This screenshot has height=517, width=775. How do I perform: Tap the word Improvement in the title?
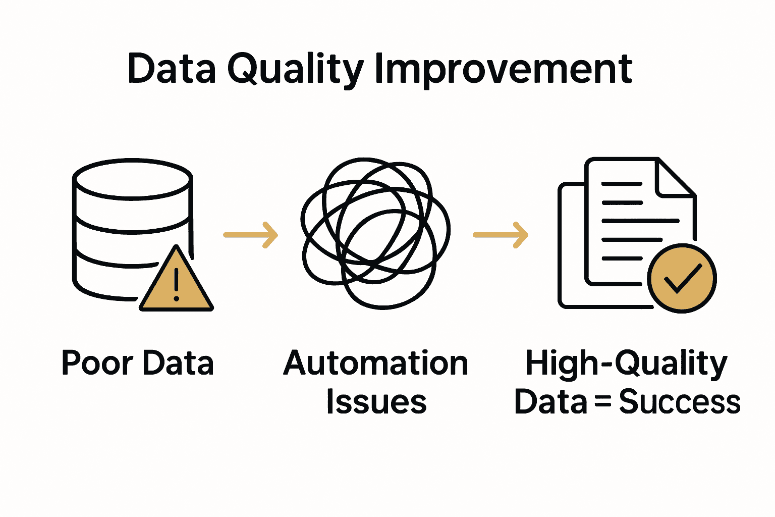pyautogui.click(x=503, y=70)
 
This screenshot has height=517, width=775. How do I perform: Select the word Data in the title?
pyautogui.click(x=172, y=69)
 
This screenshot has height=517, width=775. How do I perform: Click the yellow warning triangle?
pyautogui.click(x=176, y=283)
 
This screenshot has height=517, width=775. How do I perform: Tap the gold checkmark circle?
pyautogui.click(x=682, y=279)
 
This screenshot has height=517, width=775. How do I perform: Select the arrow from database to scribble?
pyautogui.click(x=251, y=235)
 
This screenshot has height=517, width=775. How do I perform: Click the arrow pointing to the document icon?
pyautogui.click(x=501, y=235)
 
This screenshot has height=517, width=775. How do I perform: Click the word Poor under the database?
pyautogui.click(x=97, y=363)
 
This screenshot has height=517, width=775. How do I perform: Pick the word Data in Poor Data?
pyautogui.click(x=178, y=363)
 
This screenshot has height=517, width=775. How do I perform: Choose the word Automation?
pyautogui.click(x=376, y=363)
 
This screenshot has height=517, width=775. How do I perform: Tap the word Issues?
pyautogui.click(x=376, y=402)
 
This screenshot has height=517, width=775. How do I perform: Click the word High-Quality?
pyautogui.click(x=626, y=364)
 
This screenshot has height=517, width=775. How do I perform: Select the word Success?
pyautogui.click(x=680, y=402)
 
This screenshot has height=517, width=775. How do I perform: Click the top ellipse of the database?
pyautogui.click(x=133, y=179)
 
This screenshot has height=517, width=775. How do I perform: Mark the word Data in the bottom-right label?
pyautogui.click(x=550, y=402)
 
